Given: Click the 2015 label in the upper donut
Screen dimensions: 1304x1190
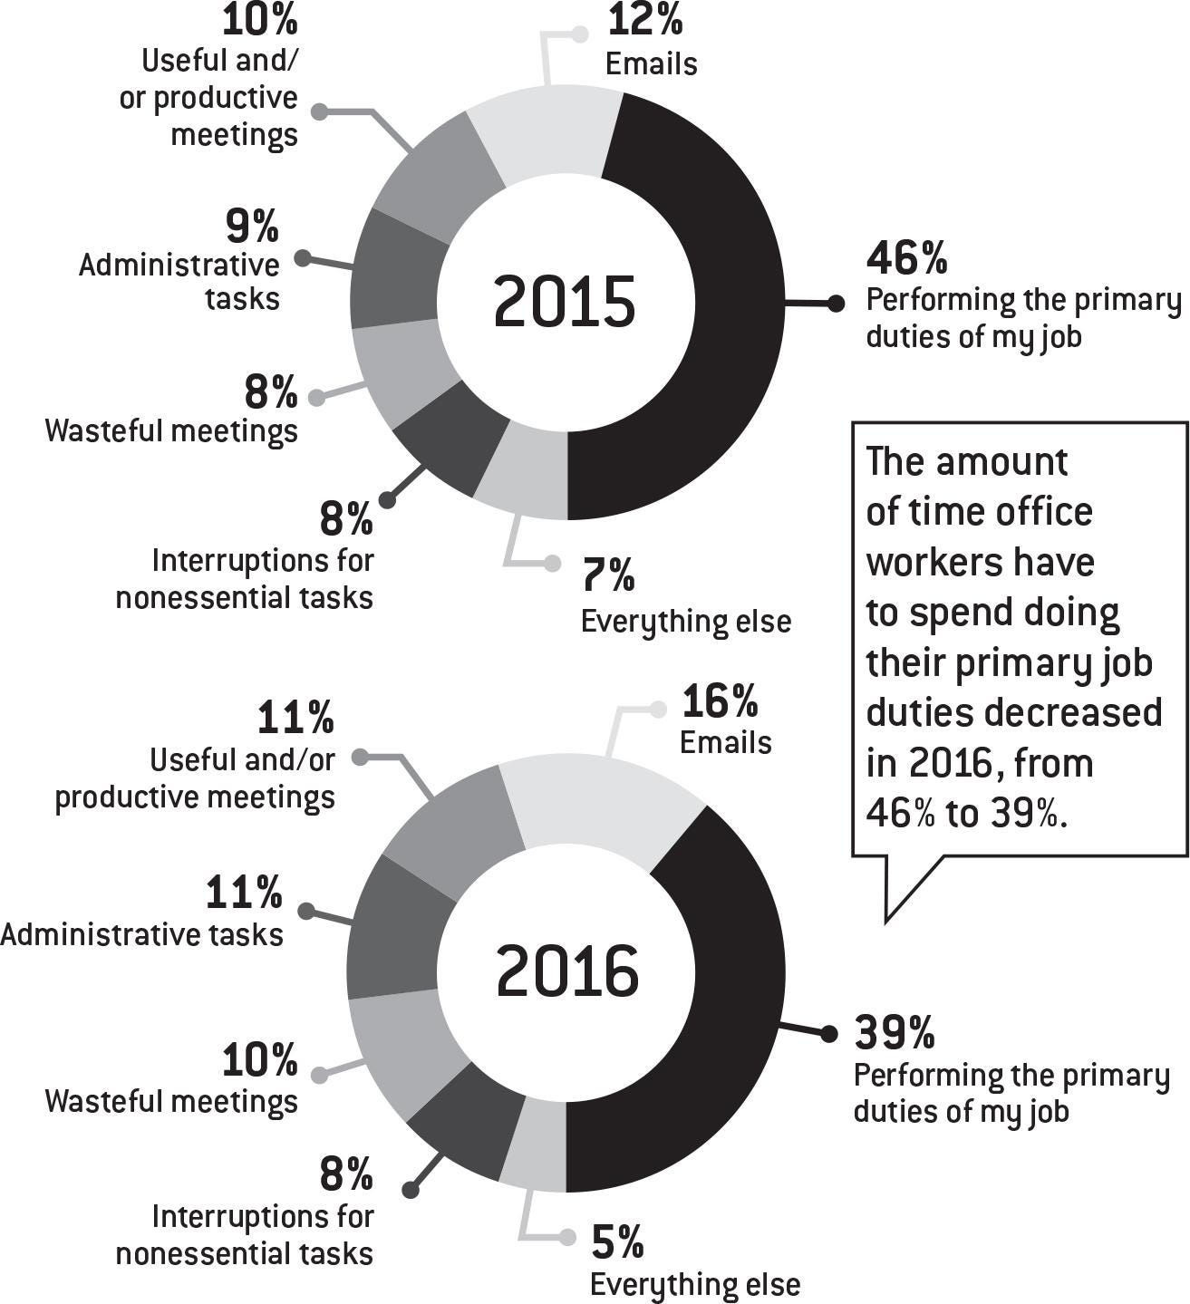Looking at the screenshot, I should tap(565, 302).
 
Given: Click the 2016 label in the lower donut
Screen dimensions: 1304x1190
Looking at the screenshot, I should tap(567, 971).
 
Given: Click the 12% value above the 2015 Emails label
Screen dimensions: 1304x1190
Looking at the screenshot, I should tap(644, 20).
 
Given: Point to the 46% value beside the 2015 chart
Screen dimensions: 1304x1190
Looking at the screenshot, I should tap(907, 257).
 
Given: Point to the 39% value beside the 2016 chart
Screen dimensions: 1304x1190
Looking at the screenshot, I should tap(895, 1031).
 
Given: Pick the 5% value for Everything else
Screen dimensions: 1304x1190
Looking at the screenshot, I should tap(617, 1241).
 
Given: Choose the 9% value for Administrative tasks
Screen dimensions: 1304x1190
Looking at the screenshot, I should tap(252, 227).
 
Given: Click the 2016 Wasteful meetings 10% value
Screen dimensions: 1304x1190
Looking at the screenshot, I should tap(260, 1059).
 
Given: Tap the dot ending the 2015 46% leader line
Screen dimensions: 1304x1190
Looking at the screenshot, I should tap(836, 304).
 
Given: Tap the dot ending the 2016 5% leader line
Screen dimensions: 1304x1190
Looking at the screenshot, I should tap(567, 1237).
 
